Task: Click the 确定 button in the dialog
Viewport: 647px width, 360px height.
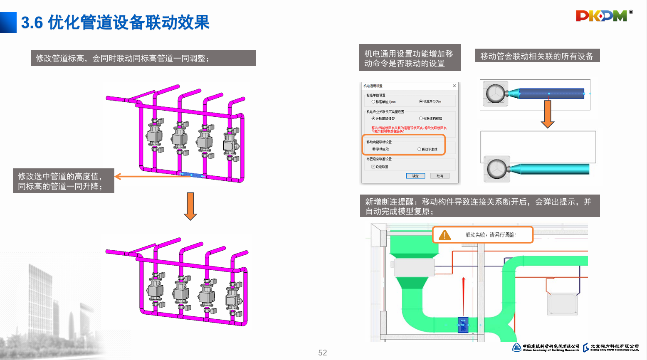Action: point(415,176)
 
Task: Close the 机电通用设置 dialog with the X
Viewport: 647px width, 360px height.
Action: point(454,86)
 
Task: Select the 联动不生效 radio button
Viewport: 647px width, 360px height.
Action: point(419,149)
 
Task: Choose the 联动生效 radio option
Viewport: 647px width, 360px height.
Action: point(374,149)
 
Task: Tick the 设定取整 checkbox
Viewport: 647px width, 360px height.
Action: point(373,167)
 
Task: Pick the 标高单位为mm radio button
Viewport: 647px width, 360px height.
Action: point(373,102)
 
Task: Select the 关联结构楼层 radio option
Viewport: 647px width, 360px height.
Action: point(421,118)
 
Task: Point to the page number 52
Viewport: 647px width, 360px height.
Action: point(323,353)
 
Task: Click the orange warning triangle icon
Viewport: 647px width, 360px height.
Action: point(445,235)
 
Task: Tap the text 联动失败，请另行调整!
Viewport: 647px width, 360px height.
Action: point(491,235)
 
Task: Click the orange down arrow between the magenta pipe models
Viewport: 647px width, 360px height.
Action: point(190,206)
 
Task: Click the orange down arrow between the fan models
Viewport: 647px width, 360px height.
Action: point(548,114)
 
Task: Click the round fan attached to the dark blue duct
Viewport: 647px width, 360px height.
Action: point(496,94)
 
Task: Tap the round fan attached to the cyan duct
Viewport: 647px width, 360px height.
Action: point(496,170)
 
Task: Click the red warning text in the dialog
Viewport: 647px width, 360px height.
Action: point(409,130)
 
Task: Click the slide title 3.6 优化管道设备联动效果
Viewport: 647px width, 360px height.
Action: point(115,22)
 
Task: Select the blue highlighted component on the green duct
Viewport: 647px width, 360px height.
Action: point(463,325)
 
